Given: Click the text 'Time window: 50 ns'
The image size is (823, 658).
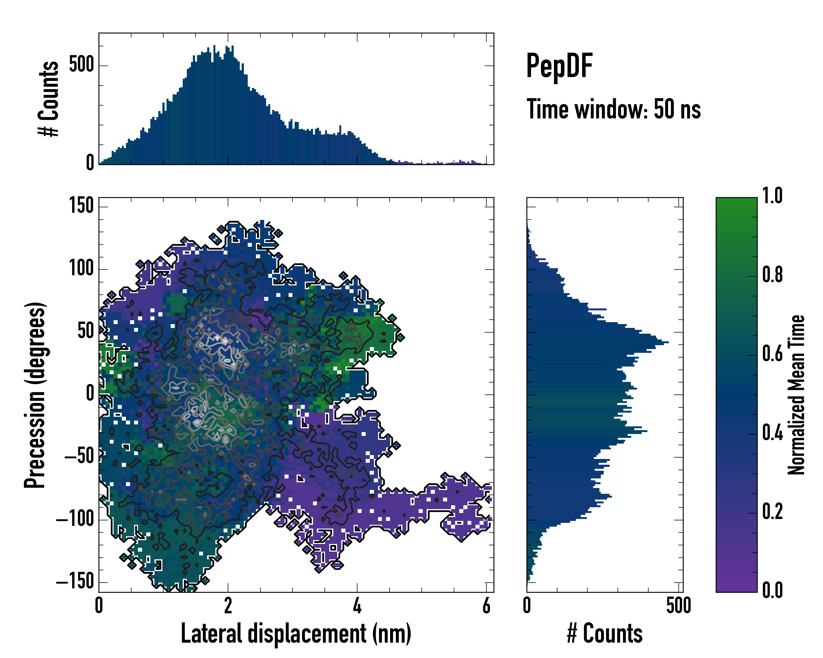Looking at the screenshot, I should coord(613,109).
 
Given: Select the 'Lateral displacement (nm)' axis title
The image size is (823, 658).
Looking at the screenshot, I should coord(296,634).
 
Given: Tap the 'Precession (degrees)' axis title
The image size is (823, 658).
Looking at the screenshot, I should coord(35,395).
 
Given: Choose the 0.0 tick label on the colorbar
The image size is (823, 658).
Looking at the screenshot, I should coord(772,590).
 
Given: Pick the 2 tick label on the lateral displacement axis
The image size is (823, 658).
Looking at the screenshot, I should coord(228,606).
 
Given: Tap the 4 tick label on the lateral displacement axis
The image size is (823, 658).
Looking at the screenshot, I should coord(357,606).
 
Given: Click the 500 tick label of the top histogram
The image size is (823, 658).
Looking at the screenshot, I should coord(81,65).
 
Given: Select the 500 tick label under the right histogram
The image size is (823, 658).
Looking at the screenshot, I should coord(678,606).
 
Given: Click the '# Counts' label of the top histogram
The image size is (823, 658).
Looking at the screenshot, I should coord(49,98).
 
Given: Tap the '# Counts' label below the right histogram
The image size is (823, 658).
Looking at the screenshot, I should coord(604,634).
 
